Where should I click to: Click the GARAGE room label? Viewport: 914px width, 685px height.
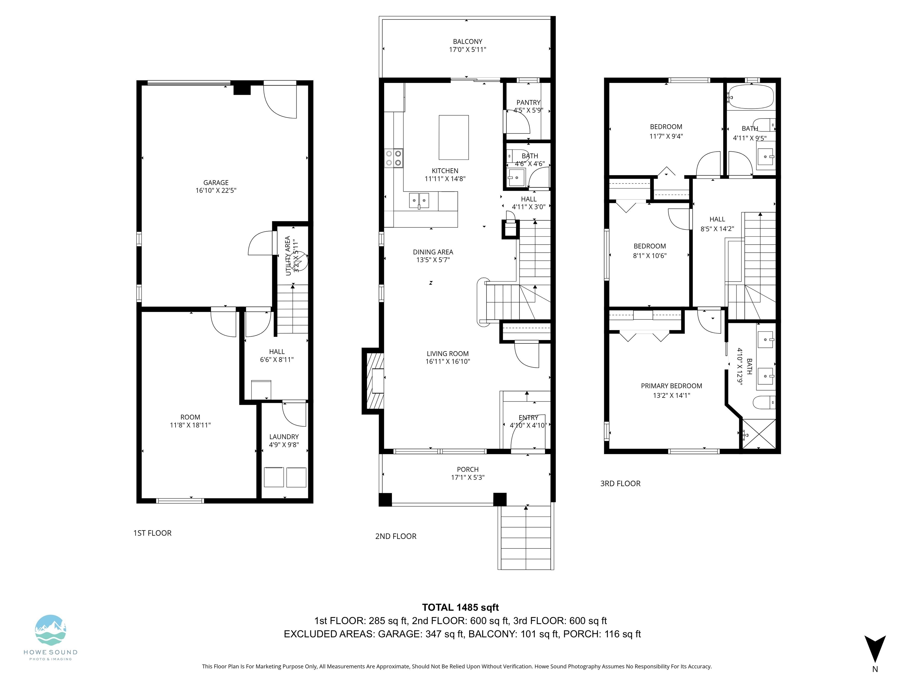click(216, 183)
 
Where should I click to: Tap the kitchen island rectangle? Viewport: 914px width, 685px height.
click(454, 137)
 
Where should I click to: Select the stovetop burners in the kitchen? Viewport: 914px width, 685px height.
click(394, 158)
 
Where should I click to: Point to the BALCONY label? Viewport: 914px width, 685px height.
click(467, 42)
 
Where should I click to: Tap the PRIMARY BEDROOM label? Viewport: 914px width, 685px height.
click(672, 386)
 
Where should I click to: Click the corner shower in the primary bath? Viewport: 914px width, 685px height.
click(759, 434)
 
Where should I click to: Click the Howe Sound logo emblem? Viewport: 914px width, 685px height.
click(50, 630)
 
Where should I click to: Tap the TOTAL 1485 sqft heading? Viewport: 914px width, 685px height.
click(460, 608)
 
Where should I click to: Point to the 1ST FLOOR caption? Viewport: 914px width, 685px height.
click(152, 533)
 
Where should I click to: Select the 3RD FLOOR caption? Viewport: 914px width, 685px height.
click(620, 483)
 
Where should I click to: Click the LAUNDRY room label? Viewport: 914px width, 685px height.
click(284, 437)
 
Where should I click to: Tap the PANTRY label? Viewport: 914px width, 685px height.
click(528, 102)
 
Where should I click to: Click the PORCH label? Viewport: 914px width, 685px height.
click(468, 469)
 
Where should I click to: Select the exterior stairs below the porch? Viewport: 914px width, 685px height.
click(526, 538)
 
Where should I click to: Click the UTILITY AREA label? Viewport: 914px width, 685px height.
click(288, 256)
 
